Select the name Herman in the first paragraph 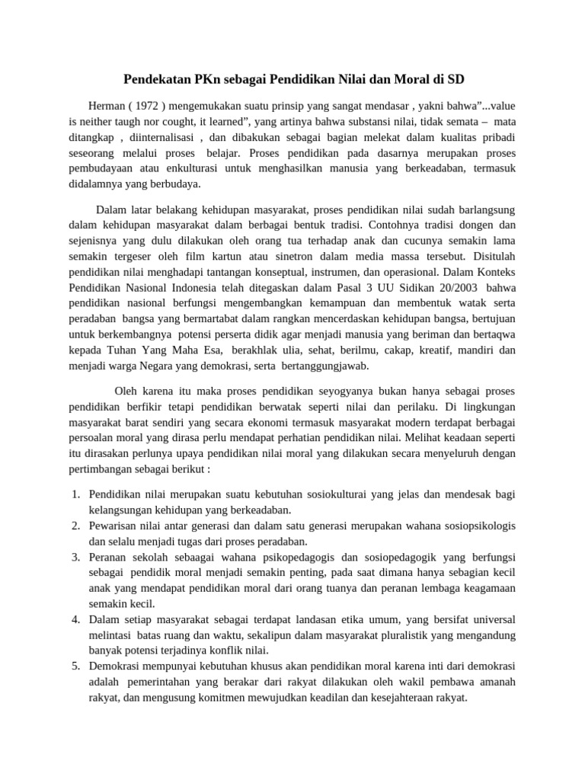(x=106, y=107)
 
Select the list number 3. (x=76, y=557)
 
